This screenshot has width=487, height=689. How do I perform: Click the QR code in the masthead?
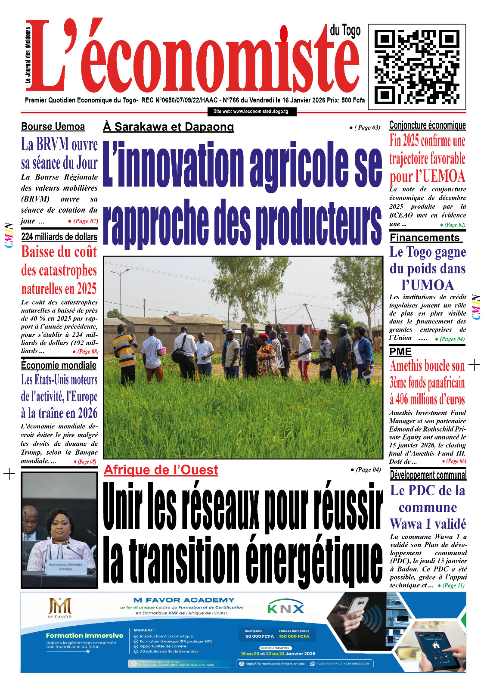pos(417,67)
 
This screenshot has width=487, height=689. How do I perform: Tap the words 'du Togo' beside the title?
pos(345,31)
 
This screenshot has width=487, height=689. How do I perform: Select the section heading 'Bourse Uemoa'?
pos(53,127)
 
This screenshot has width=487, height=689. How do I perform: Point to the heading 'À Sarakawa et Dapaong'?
pos(168,127)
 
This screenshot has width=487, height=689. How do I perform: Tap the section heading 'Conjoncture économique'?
pos(427,125)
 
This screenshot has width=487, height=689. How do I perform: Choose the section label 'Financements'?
pos(425,238)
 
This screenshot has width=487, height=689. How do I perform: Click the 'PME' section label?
pos(400,352)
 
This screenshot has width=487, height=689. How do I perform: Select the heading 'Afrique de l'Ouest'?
pos(161,470)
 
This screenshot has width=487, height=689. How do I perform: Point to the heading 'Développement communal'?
pos(428,475)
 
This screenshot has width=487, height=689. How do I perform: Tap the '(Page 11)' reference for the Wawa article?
pos(453,586)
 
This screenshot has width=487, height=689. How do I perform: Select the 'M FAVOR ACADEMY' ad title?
pos(184,600)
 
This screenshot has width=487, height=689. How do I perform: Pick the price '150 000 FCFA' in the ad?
pos(294,636)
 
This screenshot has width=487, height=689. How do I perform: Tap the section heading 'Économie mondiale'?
pos(59,366)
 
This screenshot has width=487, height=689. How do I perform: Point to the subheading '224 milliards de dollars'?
pos(59,237)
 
